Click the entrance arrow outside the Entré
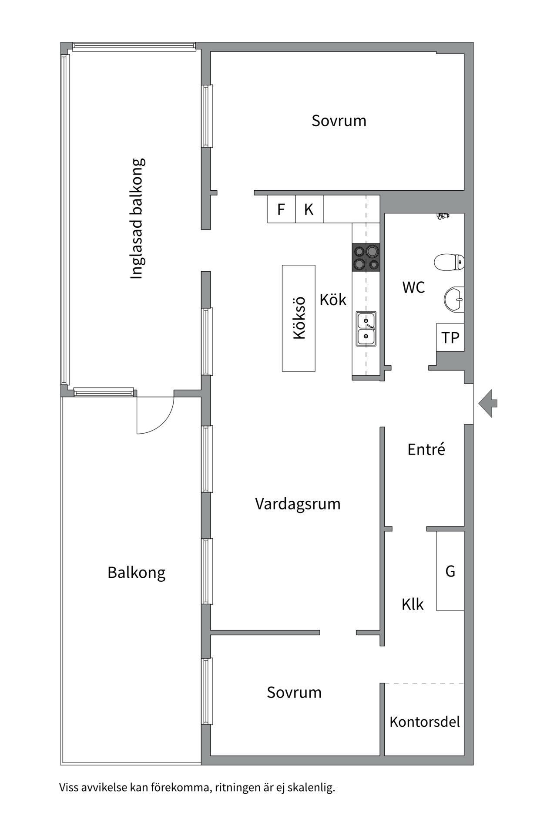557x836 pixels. pos(488,403)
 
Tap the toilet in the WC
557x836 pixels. pos(449,263)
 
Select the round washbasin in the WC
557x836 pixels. pos(454,300)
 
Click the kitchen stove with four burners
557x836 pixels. pos(366,257)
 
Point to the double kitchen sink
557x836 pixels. pos(366,329)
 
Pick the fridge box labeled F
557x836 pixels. pos(281,209)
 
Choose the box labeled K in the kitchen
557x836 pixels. pos(309,209)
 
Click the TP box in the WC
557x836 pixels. pos(450,337)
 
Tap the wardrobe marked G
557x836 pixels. pos(450,571)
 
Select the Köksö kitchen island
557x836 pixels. pos(299,318)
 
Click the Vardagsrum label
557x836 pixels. pos(298,504)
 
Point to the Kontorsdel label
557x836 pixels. pos(424,722)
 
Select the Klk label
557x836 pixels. pos(412,604)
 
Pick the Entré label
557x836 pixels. pos(426,449)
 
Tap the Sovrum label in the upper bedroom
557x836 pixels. pos(339,121)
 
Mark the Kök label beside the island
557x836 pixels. pos(333,300)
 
